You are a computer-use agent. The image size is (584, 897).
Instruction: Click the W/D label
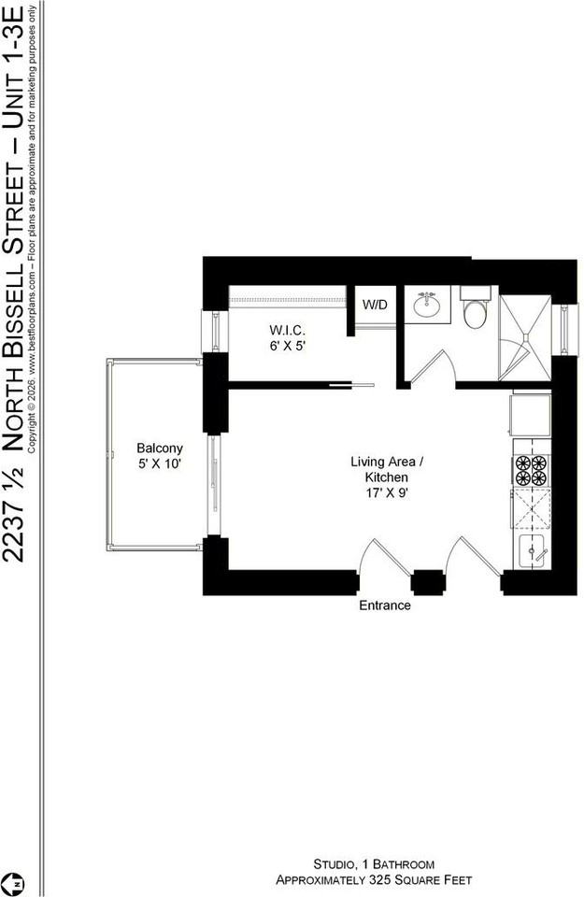click(375, 305)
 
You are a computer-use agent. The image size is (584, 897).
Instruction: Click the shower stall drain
click(526, 340)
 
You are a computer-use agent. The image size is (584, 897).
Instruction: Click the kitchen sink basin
click(533, 552)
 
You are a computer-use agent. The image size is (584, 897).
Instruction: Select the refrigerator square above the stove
click(531, 416)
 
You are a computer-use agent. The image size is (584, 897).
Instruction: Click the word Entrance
click(385, 605)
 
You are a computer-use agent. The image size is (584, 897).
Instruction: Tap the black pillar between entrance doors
click(429, 582)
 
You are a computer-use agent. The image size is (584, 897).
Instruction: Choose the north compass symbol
click(16, 882)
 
